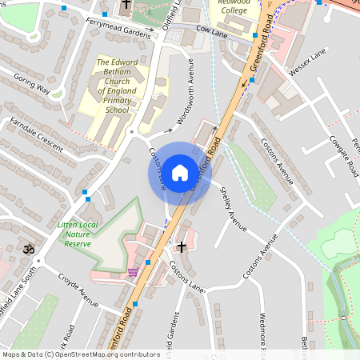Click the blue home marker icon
pyautogui.click(x=179, y=172)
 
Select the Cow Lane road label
pyautogui.click(x=212, y=30)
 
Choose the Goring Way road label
pyautogui.click(x=32, y=86)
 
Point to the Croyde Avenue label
pyautogui.click(x=78, y=290)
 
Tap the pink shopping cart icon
pyautogui.click(x=132, y=272)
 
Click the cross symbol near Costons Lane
pyautogui.click(x=182, y=247)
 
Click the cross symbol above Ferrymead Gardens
pyautogui.click(x=126, y=6)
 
